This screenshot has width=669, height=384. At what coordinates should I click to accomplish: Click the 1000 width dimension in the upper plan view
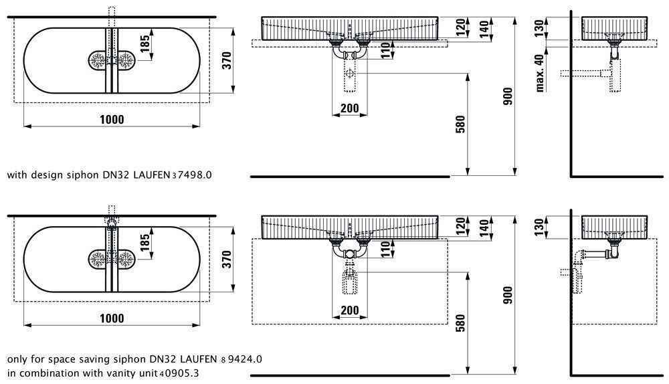coord(112,119)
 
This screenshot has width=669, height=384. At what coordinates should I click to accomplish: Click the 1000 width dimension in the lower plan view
coord(112,318)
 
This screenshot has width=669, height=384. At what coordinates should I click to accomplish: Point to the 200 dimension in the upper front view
coord(349,109)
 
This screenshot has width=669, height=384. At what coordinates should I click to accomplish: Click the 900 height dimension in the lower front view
coord(508,294)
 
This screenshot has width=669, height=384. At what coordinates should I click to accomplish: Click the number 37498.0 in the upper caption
coord(192,175)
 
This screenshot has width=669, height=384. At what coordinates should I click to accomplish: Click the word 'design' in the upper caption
coord(45,175)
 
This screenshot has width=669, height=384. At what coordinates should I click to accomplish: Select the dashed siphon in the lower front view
coord(349,278)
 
